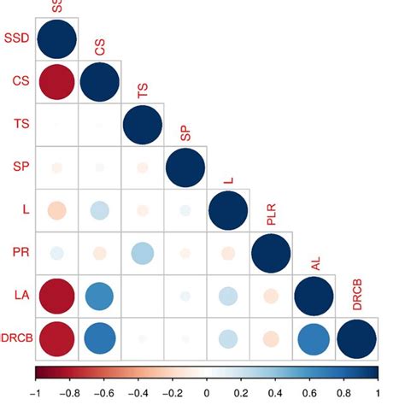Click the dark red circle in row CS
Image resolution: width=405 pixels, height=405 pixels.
(x=56, y=82)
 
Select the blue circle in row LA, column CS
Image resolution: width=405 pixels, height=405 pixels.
(x=99, y=296)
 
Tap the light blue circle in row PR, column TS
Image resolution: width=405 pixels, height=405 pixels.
(x=142, y=253)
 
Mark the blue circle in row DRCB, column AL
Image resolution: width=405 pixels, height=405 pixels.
(x=314, y=338)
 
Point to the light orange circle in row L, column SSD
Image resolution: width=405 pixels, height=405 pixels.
(x=56, y=210)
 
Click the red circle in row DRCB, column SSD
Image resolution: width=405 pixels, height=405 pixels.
(x=56, y=338)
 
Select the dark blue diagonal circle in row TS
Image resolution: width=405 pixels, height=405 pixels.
(x=142, y=125)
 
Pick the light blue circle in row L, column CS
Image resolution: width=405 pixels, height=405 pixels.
(x=99, y=210)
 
